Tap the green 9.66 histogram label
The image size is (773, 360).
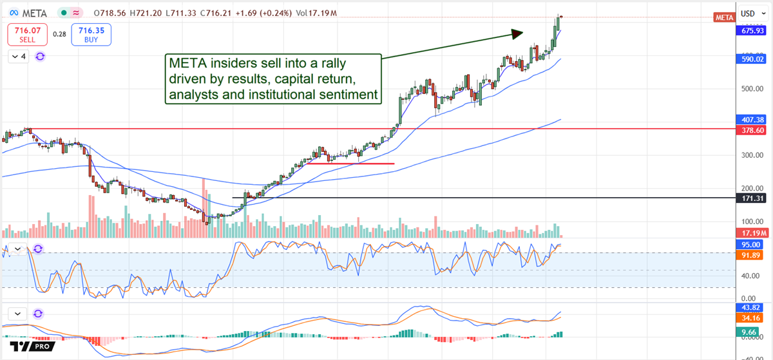point(749,332)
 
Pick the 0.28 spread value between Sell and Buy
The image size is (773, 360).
point(59,34)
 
